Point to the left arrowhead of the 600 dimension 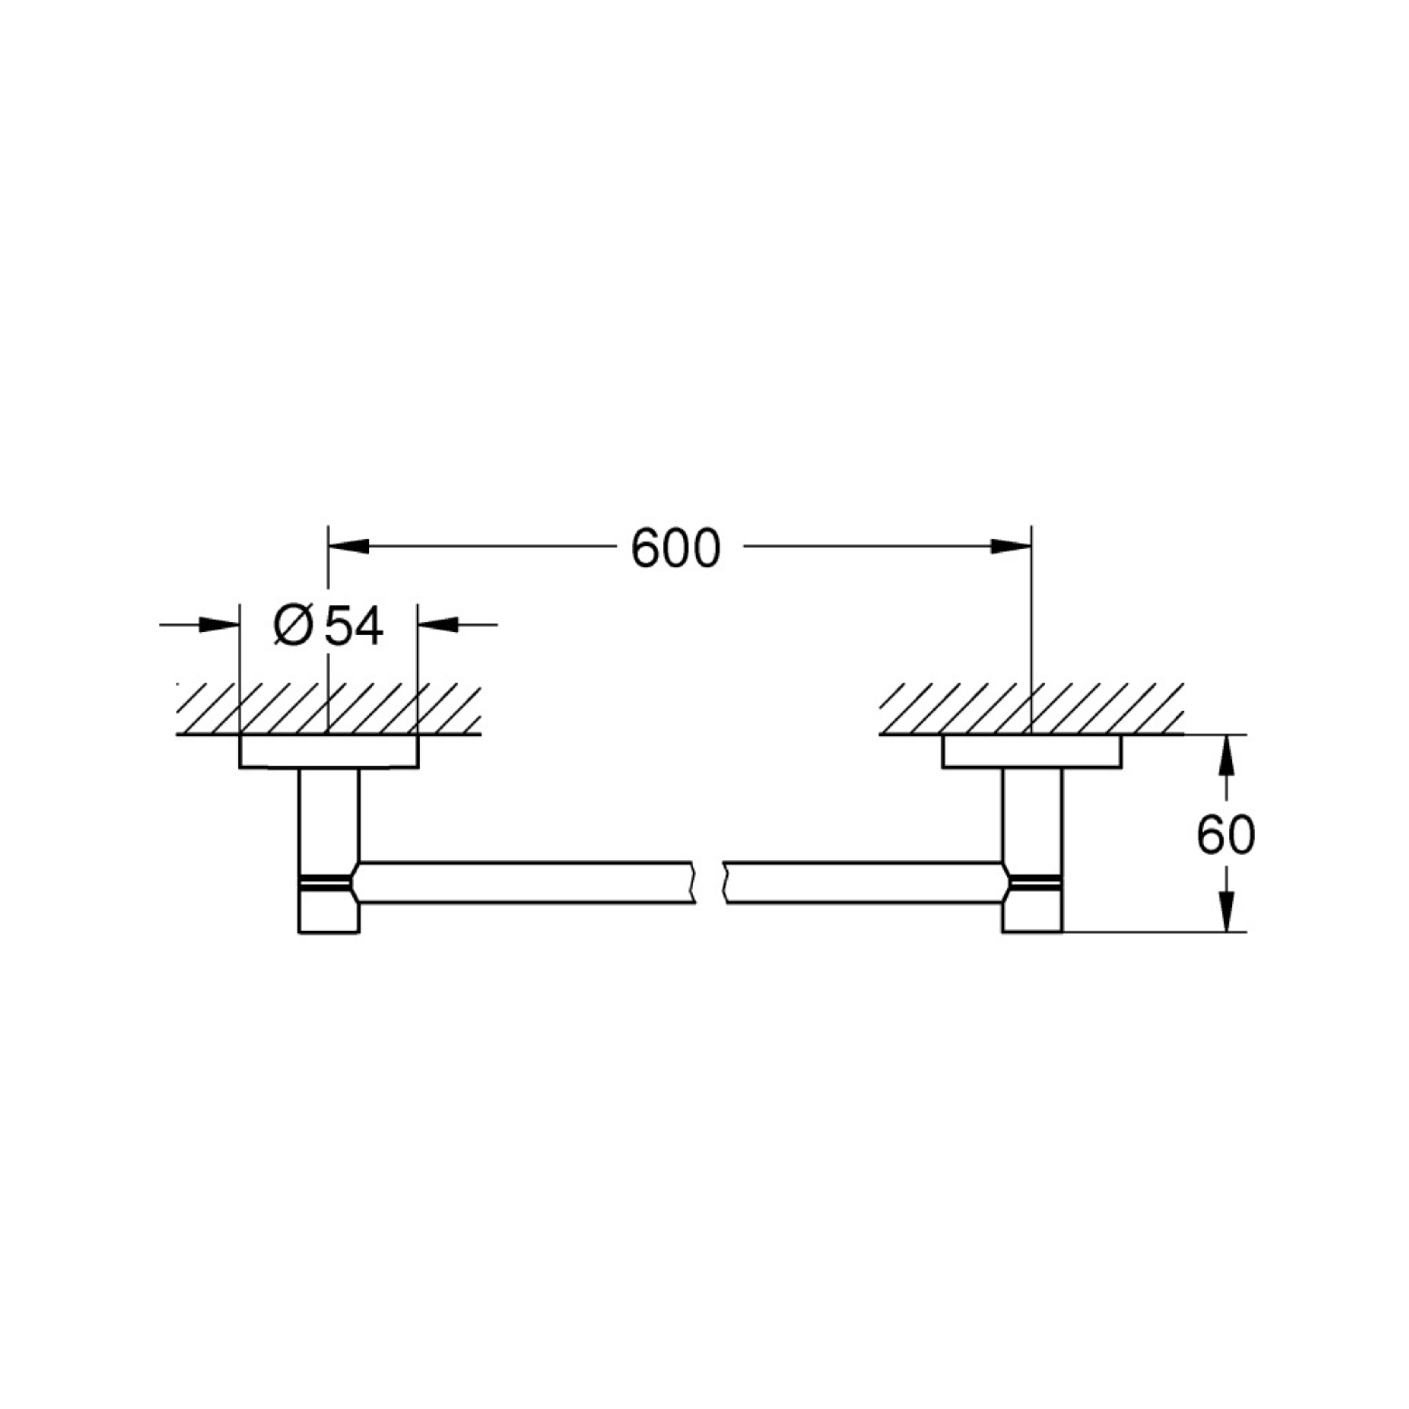[x=349, y=546]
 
